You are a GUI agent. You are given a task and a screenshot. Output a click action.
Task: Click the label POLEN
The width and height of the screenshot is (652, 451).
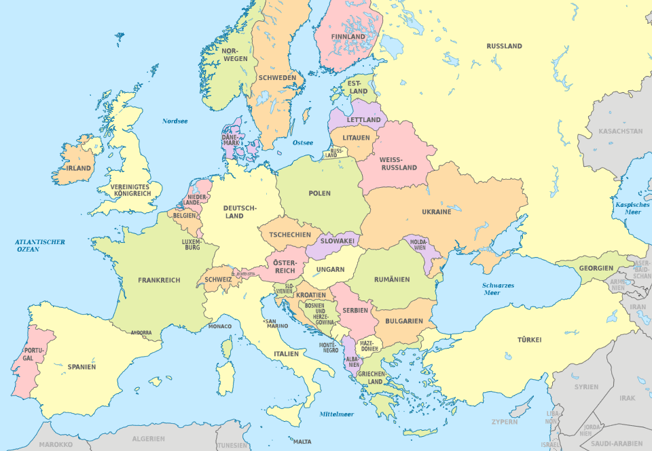click(x=319, y=193)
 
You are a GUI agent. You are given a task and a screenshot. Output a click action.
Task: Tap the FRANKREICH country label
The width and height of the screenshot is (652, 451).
click(x=159, y=279)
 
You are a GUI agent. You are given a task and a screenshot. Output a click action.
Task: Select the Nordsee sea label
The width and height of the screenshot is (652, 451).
click(x=175, y=121)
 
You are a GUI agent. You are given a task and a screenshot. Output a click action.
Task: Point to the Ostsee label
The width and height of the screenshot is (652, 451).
click(x=302, y=142)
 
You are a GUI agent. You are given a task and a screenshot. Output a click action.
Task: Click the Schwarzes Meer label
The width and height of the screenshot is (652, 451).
click(x=499, y=290)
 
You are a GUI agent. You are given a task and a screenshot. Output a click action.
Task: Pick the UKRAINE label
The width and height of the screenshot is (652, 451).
click(x=436, y=212)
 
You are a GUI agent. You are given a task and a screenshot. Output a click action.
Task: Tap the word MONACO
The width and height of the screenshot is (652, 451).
click(x=220, y=326)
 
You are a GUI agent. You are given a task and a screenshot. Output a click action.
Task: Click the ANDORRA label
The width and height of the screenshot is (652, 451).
click(x=141, y=333)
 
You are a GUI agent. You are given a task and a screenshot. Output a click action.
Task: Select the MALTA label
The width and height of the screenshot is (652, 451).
click(x=302, y=442)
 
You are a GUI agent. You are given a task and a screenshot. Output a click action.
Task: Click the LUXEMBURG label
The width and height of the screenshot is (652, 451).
click(x=191, y=244)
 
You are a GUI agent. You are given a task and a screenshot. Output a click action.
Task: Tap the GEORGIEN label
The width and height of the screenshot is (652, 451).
click(x=596, y=268)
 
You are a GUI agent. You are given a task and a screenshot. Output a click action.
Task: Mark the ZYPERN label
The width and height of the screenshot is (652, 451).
click(x=505, y=422)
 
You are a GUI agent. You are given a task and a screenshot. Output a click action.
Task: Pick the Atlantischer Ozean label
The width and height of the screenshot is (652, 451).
click(x=41, y=246)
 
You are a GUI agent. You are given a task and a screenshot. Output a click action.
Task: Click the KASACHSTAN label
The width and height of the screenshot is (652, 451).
click(x=620, y=130)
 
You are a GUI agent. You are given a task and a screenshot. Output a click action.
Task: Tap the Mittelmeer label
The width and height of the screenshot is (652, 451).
click(x=337, y=413)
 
